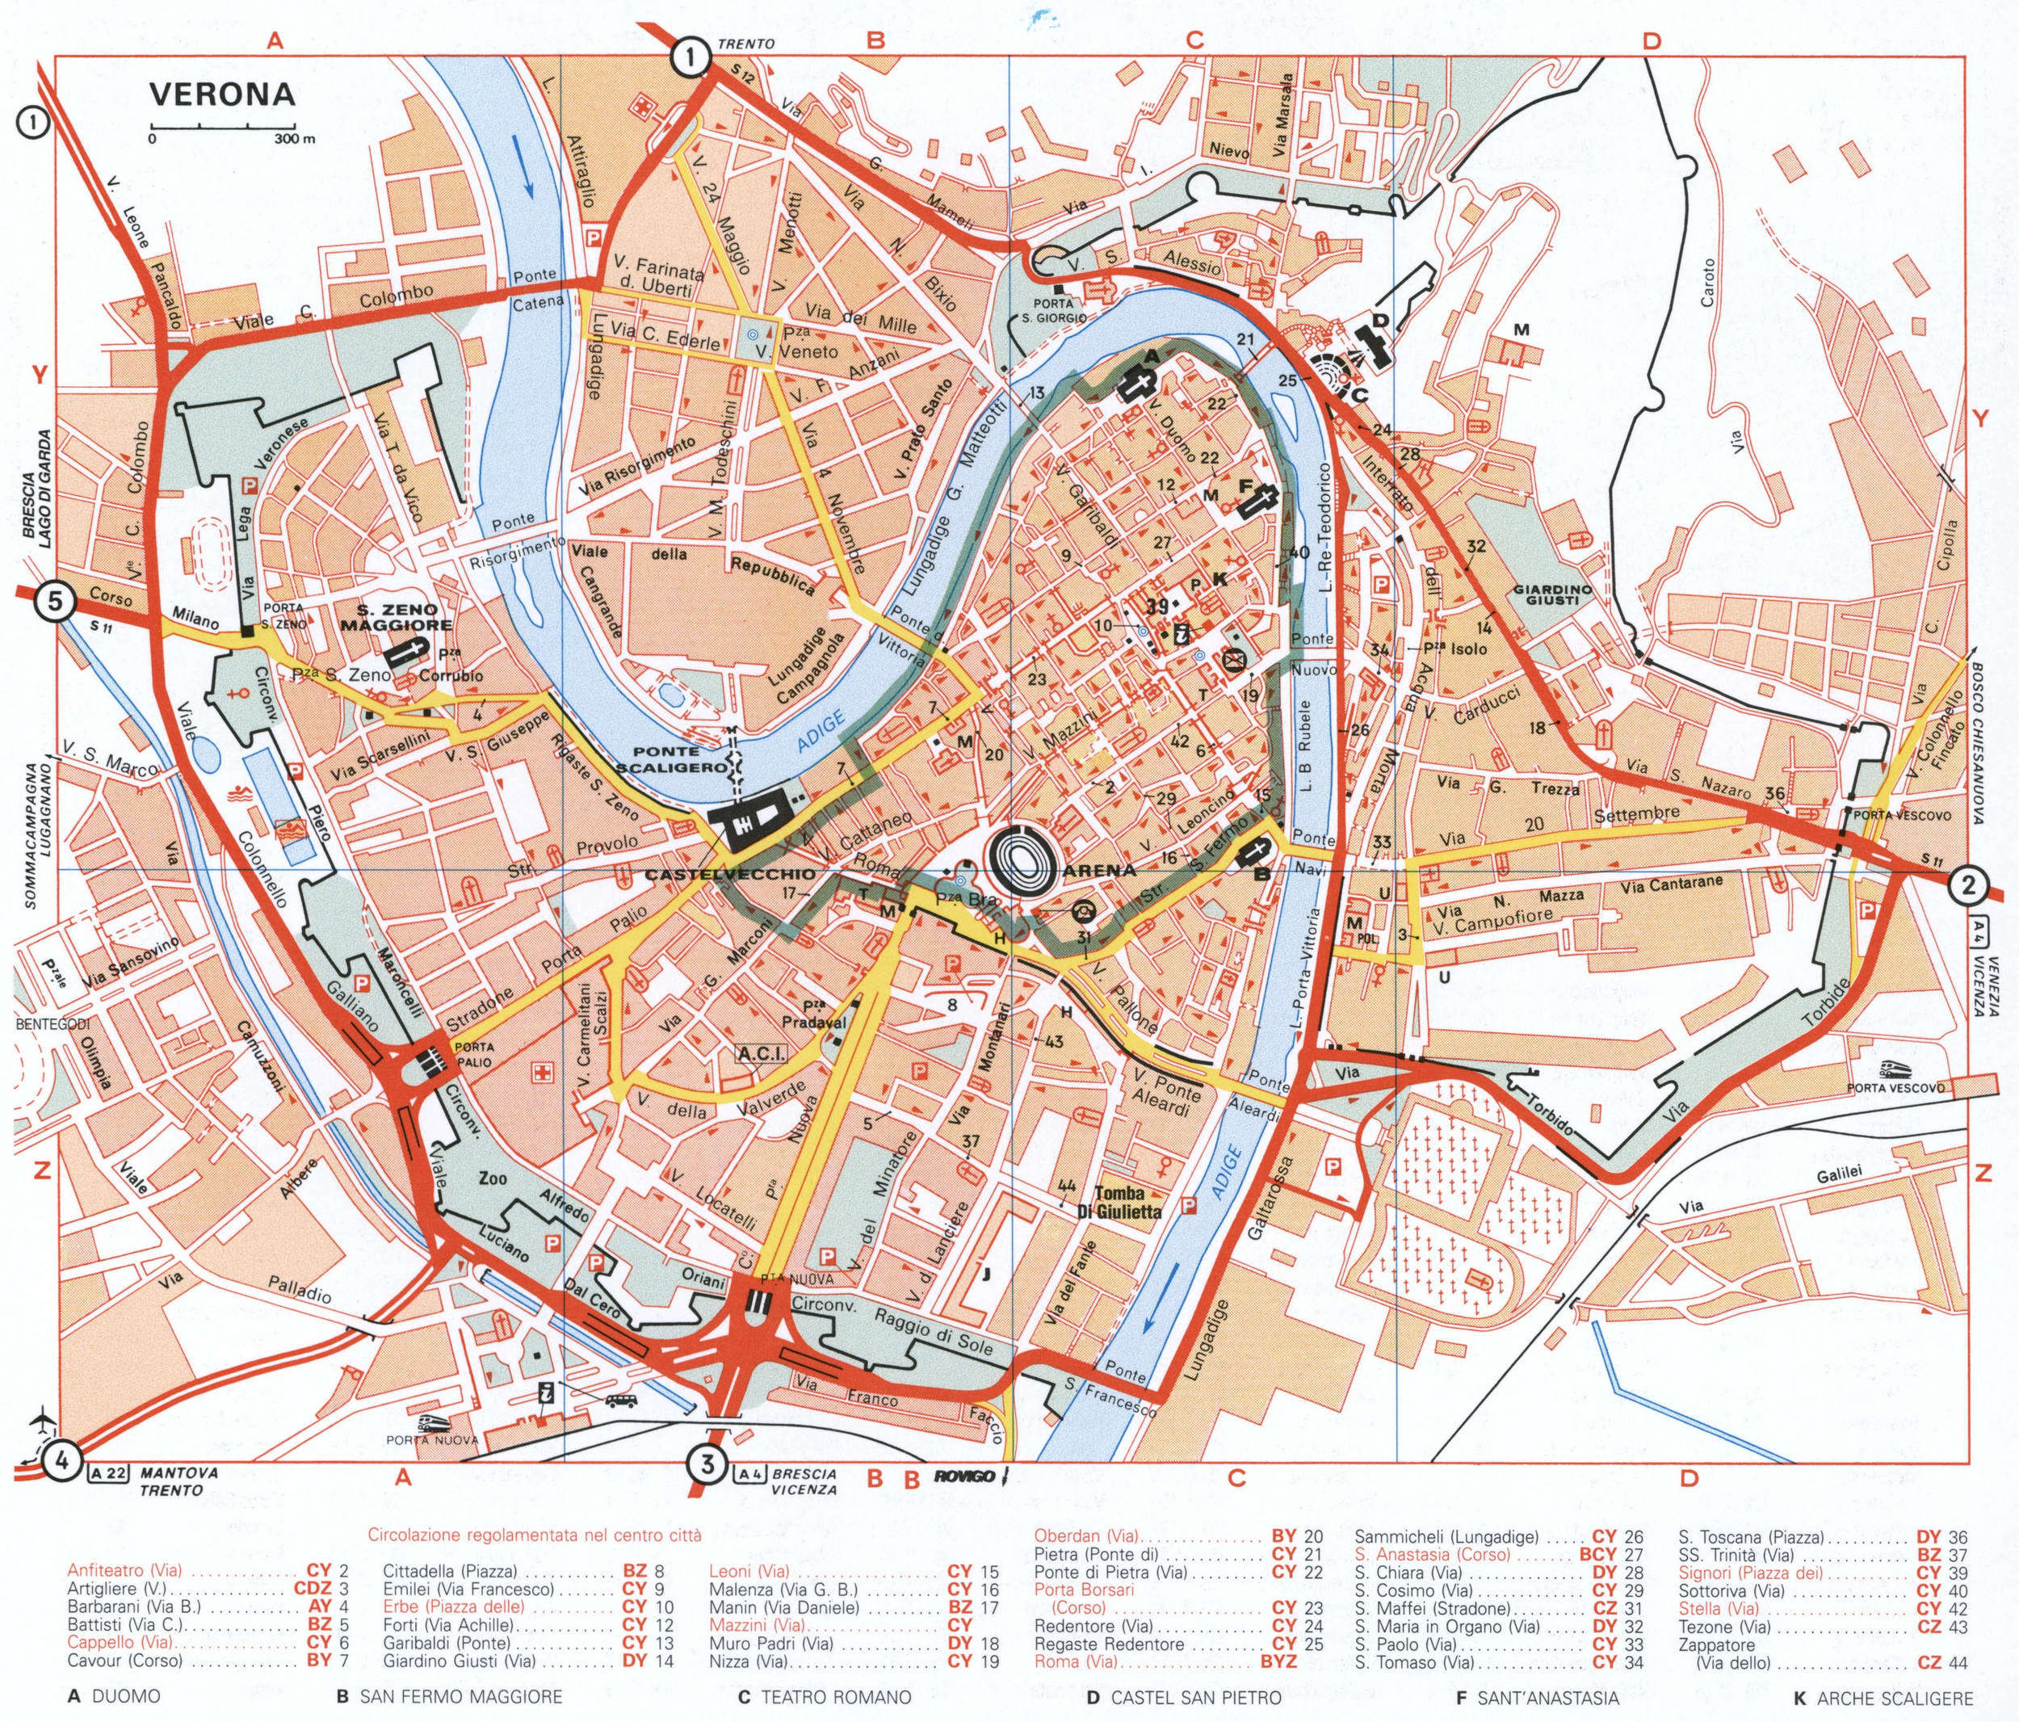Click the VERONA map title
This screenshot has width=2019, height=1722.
point(221,94)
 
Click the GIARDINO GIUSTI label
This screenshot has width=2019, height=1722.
point(1551,595)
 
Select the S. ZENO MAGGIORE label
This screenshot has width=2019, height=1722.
point(390,617)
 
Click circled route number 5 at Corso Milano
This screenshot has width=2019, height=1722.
point(55,601)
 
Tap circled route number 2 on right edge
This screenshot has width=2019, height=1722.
point(1968,886)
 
